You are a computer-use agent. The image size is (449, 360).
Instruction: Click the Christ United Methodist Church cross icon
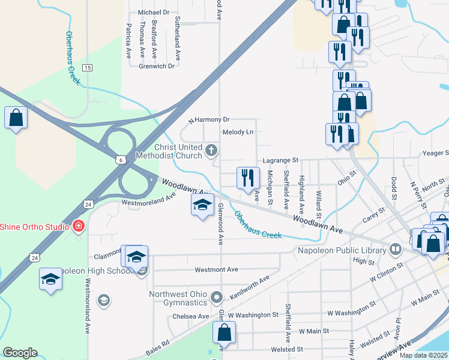coord(211,150)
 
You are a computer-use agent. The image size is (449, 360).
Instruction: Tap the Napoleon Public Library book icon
coord(396,248)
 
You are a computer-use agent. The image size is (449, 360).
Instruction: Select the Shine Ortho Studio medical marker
coord(77,226)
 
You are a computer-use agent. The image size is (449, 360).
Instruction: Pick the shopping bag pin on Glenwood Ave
coord(224,332)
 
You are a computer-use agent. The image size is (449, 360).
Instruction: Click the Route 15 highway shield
coord(88,67)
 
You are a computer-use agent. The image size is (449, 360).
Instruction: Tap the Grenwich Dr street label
coord(156,66)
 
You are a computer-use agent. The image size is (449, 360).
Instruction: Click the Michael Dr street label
coord(154,12)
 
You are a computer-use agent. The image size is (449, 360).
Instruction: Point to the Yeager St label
coord(435,153)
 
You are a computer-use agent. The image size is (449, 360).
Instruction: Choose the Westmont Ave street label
coord(217,269)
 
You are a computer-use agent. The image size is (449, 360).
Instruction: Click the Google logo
coord(20,353)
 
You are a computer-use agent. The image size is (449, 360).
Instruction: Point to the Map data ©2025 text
coord(423,355)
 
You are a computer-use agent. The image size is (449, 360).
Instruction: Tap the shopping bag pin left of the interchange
coord(16,118)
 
